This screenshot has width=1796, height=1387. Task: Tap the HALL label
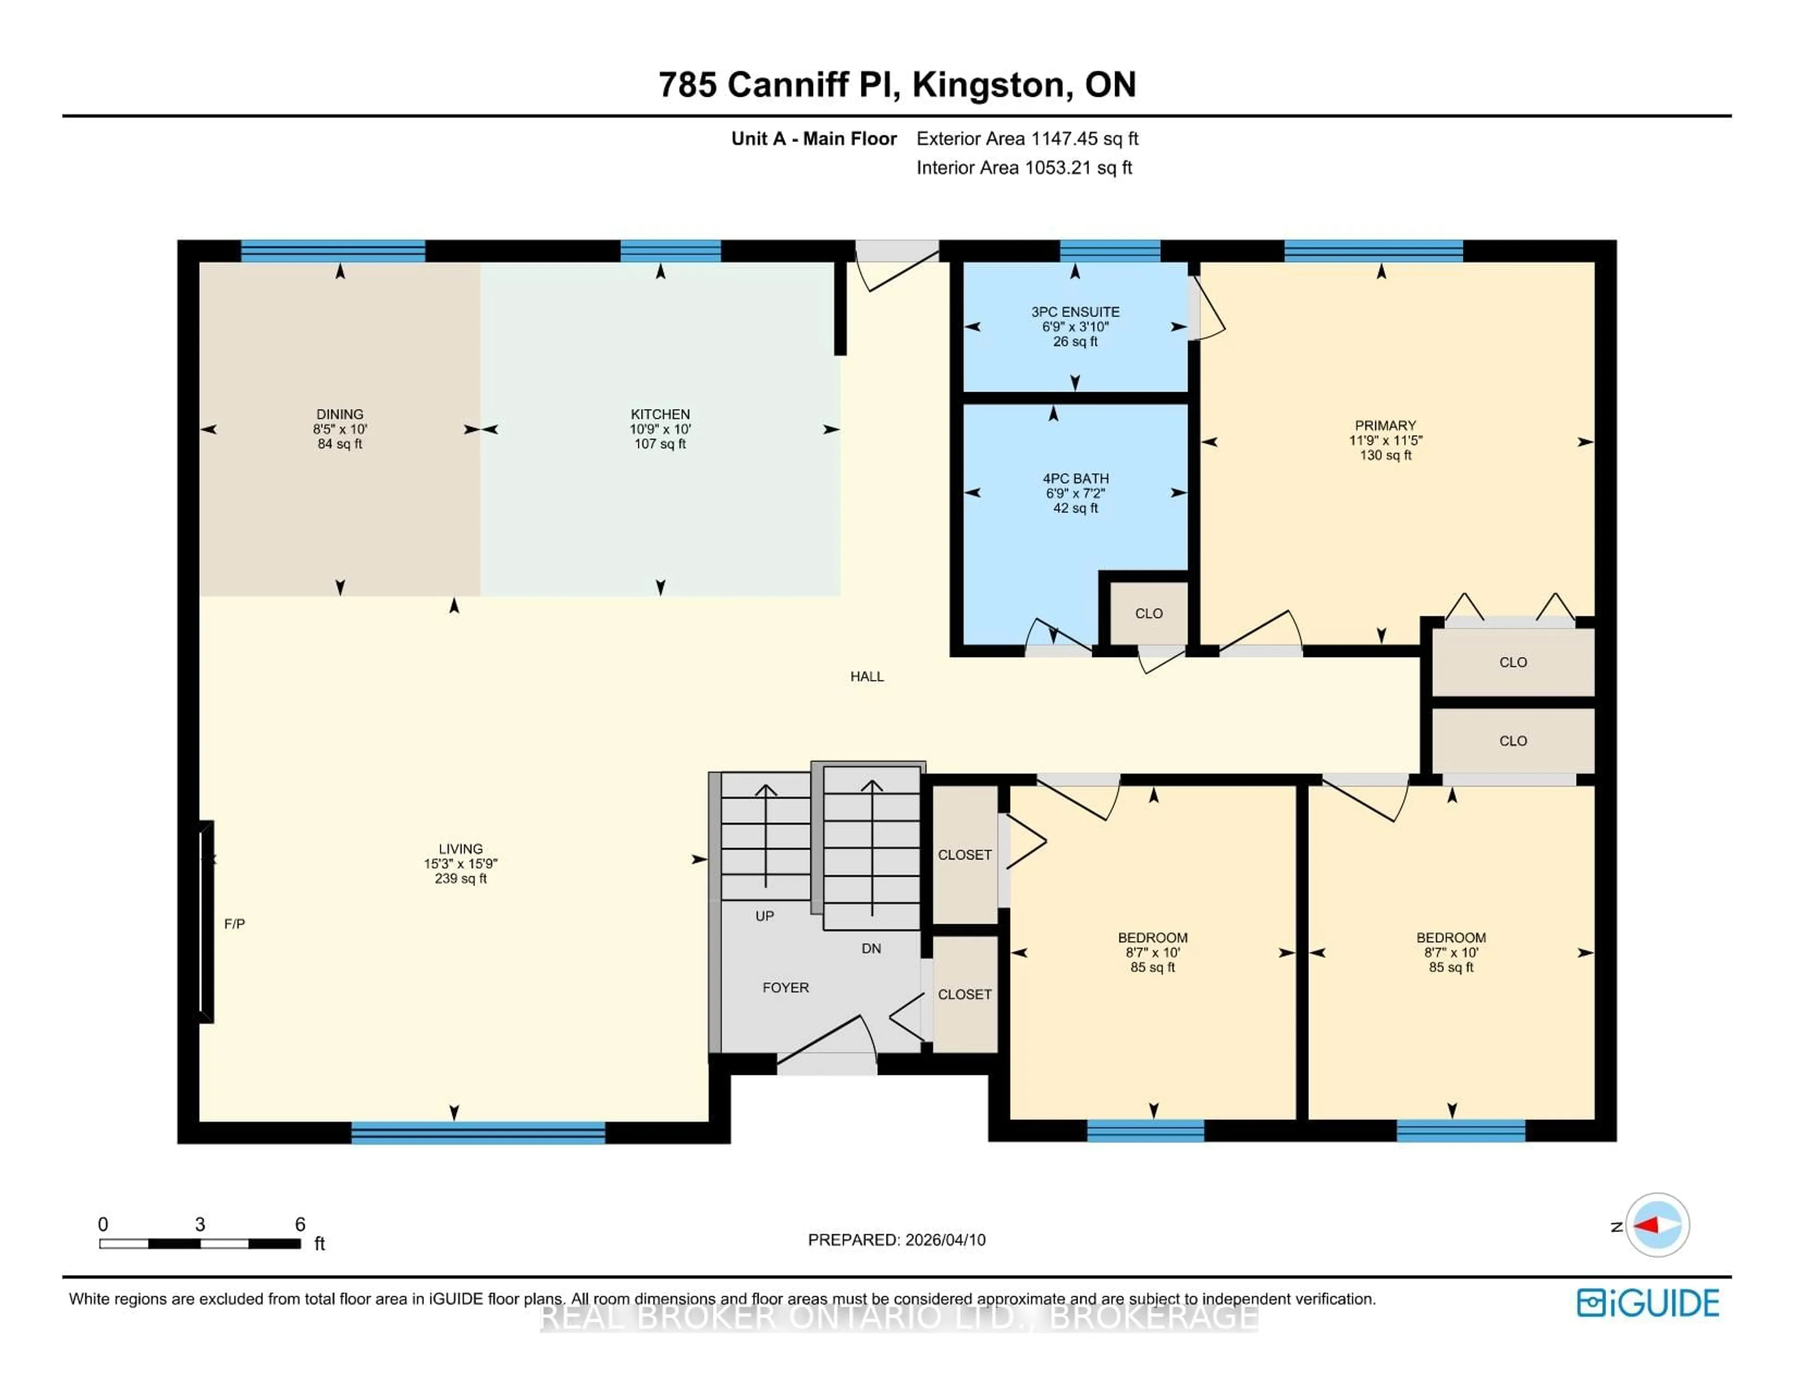point(867,676)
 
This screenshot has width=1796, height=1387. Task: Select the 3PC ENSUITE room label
point(1075,312)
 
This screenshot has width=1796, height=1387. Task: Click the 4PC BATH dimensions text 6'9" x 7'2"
point(1075,493)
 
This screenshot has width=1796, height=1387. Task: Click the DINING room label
point(340,414)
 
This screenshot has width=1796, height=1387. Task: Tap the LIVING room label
point(461,848)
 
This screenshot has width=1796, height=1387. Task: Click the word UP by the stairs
point(764,916)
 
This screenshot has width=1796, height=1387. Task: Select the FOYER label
point(785,987)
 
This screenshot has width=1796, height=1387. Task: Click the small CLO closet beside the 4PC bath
point(1148,613)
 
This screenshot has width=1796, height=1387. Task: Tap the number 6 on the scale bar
point(300,1224)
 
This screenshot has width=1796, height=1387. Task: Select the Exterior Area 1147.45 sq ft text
point(1027,139)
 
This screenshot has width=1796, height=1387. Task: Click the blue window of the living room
point(478,1132)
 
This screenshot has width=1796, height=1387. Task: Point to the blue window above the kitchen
point(670,251)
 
